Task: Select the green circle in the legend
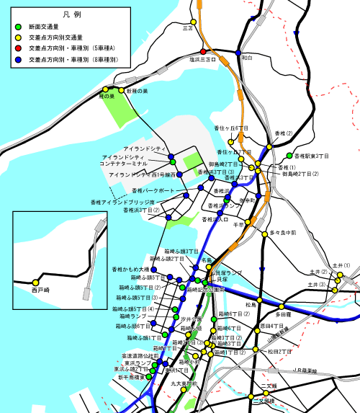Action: pyautogui.click(x=19, y=27)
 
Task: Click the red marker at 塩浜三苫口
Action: pyautogui.click(x=204, y=52)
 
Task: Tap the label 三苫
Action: pyautogui.click(x=188, y=28)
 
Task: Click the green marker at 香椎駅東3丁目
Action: pyautogui.click(x=289, y=156)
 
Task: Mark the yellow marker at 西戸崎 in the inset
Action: pyautogui.click(x=34, y=281)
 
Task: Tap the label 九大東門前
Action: pyautogui.click(x=184, y=383)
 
